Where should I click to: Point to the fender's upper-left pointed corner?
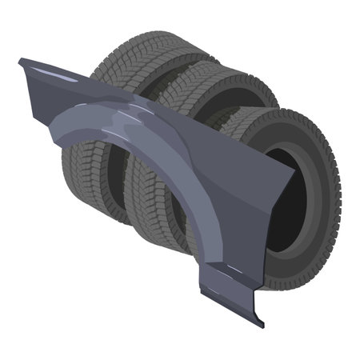tap(22, 60)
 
